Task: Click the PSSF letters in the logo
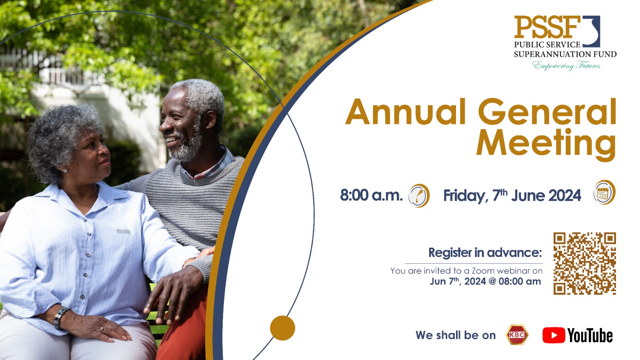pos(547,27)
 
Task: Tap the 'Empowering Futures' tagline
pos(566,66)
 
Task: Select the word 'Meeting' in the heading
pos(546,144)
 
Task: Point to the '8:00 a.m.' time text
pos(371,195)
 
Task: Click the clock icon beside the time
pos(419,196)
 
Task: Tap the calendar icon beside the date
pos(604,192)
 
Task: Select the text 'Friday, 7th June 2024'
pos(512,196)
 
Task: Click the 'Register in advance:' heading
pos(485,253)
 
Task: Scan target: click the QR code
pos(584,264)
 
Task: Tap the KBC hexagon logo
pos(517,335)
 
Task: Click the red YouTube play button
pos(554,335)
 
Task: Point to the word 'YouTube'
pos(590,336)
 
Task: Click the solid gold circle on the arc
pos(282,328)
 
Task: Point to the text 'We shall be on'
pos(456,335)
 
